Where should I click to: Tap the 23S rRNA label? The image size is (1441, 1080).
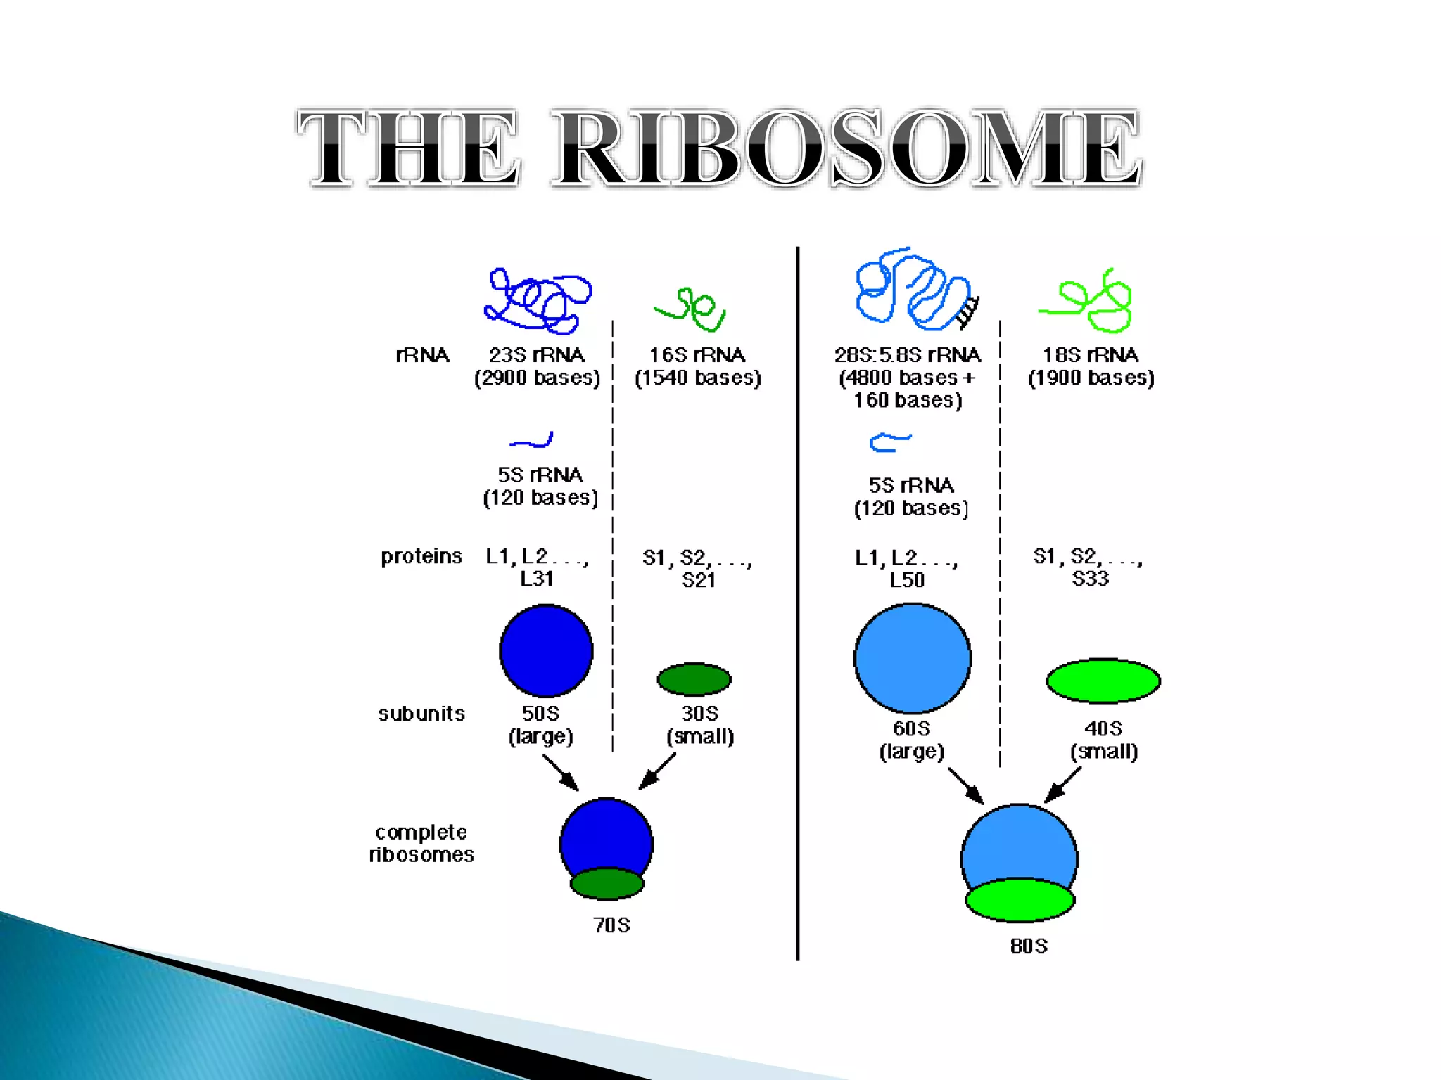pyautogui.click(x=537, y=355)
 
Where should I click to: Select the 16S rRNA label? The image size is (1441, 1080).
pyautogui.click(x=697, y=355)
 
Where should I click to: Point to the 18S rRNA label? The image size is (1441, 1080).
pyautogui.click(x=1091, y=355)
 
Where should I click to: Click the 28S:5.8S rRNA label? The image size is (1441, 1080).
pyautogui.click(x=908, y=355)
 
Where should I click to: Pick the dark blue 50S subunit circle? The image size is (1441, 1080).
pyautogui.click(x=546, y=651)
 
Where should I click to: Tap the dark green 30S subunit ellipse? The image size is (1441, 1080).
pyautogui.click(x=694, y=679)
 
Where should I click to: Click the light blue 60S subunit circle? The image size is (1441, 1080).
pyautogui.click(x=913, y=658)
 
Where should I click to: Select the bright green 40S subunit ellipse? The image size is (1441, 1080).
pyautogui.click(x=1103, y=681)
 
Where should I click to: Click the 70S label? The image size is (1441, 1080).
pyautogui.click(x=611, y=925)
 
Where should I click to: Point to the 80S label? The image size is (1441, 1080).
pyautogui.click(x=1029, y=946)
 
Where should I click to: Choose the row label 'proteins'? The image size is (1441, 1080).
pyautogui.click(x=421, y=557)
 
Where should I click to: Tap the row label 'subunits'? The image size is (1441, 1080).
pyautogui.click(x=421, y=714)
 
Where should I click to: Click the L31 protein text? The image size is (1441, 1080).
pyautogui.click(x=537, y=579)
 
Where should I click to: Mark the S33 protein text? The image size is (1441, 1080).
pyautogui.click(x=1091, y=579)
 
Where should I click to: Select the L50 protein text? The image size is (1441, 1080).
pyautogui.click(x=907, y=580)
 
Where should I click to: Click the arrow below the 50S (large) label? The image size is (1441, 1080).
pyautogui.click(x=561, y=773)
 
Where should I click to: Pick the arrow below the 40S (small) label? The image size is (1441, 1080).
pyautogui.click(x=1062, y=785)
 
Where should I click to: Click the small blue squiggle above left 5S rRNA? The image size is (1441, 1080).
pyautogui.click(x=532, y=441)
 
